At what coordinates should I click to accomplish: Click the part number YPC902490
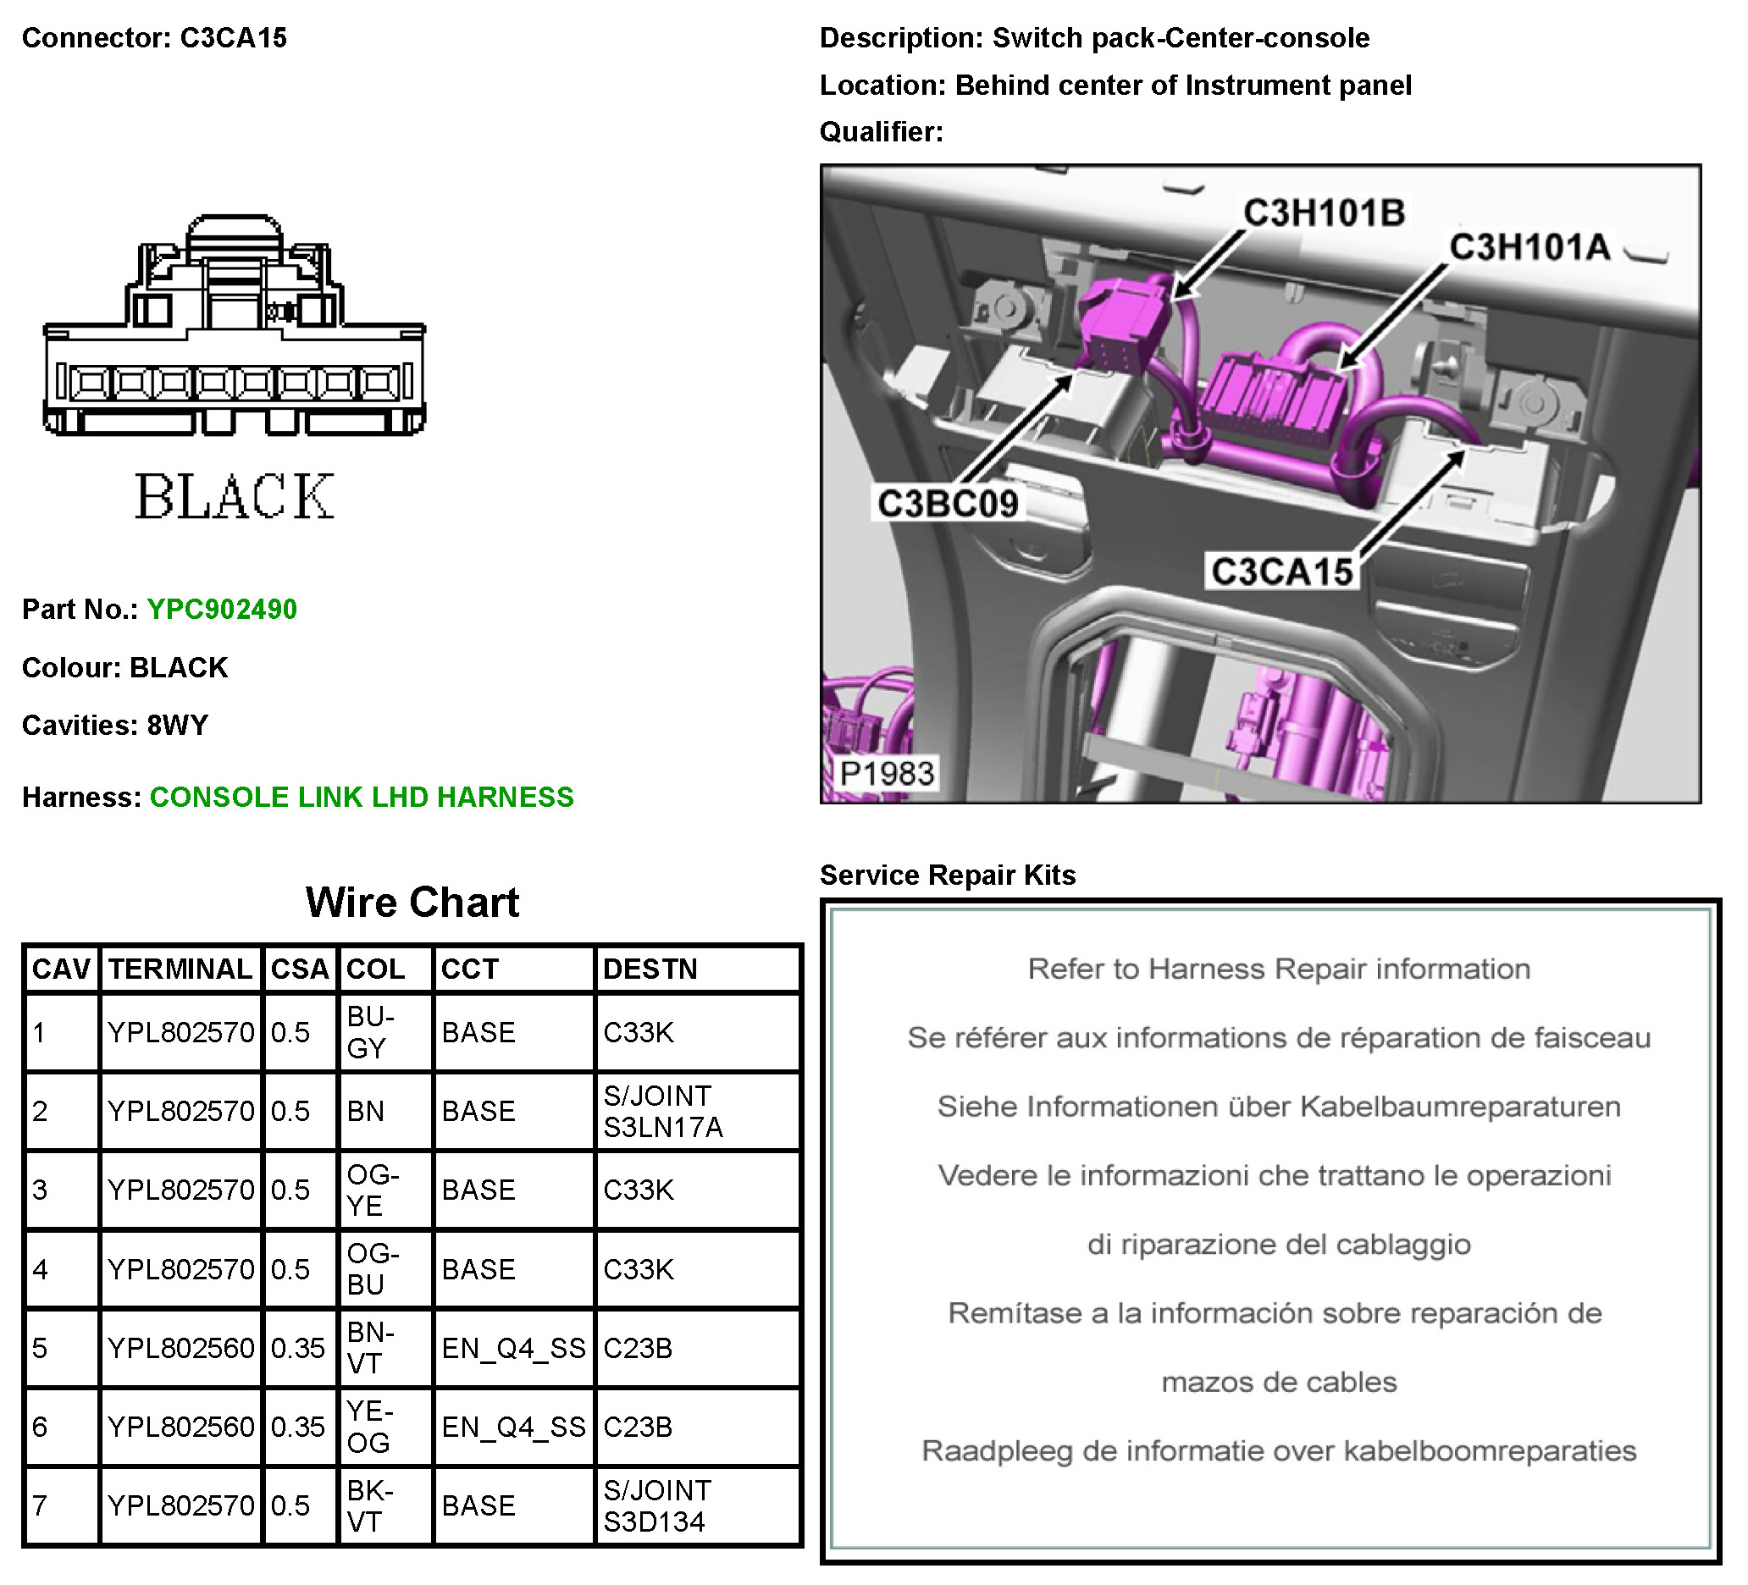pyautogui.click(x=222, y=610)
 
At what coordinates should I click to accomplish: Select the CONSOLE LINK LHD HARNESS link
pyautogui.click(x=362, y=798)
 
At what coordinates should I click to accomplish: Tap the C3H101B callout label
pyautogui.click(x=1324, y=213)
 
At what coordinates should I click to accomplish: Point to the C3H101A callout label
pyautogui.click(x=1529, y=248)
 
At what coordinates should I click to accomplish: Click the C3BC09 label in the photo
pyautogui.click(x=948, y=504)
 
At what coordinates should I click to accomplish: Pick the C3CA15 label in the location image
pyautogui.click(x=1281, y=572)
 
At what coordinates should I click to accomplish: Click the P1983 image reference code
pyautogui.click(x=887, y=773)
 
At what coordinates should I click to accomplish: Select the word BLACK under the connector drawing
pyautogui.click(x=234, y=498)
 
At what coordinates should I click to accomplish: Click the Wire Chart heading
pyautogui.click(x=412, y=903)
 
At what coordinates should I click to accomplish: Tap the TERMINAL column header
pyautogui.click(x=180, y=969)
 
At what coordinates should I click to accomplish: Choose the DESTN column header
pyautogui.click(x=650, y=969)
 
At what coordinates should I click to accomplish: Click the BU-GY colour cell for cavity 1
pyautogui.click(x=371, y=1032)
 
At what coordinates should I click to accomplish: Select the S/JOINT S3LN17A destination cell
pyautogui.click(x=663, y=1112)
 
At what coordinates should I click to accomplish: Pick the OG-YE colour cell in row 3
pyautogui.click(x=373, y=1190)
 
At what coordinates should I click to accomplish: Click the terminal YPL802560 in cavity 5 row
pyautogui.click(x=180, y=1348)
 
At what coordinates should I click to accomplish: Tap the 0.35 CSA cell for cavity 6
pyautogui.click(x=297, y=1428)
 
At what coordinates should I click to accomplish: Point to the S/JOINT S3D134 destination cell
pyautogui.click(x=657, y=1506)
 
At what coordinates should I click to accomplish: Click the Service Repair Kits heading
pyautogui.click(x=948, y=875)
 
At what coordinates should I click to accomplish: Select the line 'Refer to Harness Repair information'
pyautogui.click(x=1279, y=969)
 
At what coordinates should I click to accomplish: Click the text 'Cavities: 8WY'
pyautogui.click(x=115, y=725)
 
